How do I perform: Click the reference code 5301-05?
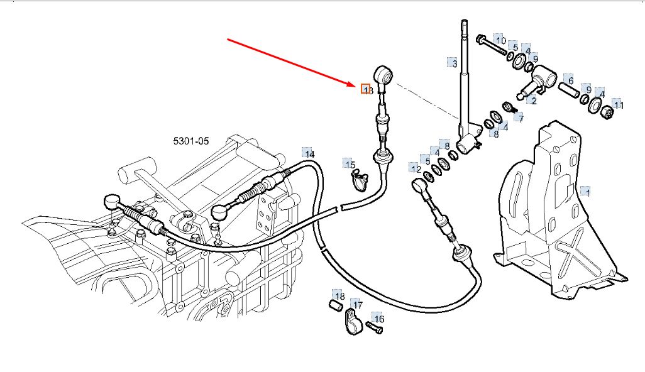191,141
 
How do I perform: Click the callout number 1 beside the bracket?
587,190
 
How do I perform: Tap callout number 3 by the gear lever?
454,63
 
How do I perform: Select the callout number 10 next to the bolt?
500,41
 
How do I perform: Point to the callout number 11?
619,105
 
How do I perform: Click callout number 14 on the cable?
309,153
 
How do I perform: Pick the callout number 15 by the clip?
350,164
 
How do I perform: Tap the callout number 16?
378,319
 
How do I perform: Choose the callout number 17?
357,306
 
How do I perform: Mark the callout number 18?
339,297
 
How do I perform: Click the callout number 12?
416,168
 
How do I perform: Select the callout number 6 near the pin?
570,80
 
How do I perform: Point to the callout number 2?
534,100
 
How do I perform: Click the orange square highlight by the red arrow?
365,89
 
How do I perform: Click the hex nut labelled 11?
608,114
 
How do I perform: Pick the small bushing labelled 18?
336,306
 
